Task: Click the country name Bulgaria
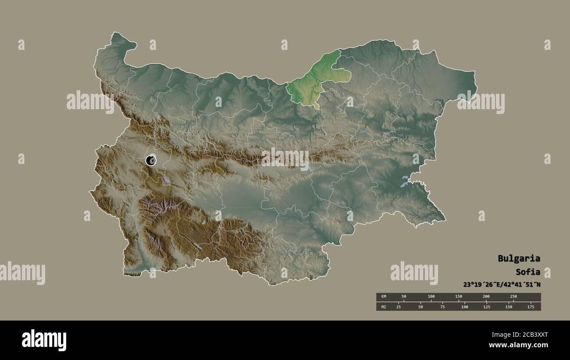(x=519, y=258)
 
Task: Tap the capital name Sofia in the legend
(x=527, y=271)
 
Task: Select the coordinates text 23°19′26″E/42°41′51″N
(x=502, y=284)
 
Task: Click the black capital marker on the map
(x=151, y=160)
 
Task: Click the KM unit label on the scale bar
(x=383, y=297)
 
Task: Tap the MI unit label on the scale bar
(x=383, y=307)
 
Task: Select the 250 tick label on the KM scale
(x=513, y=297)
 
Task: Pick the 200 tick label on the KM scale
(x=486, y=297)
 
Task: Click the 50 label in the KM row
(x=404, y=297)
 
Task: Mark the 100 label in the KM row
(x=431, y=297)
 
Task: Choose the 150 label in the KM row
(x=458, y=297)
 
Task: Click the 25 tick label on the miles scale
(x=399, y=307)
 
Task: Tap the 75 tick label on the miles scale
(x=442, y=307)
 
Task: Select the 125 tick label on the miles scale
(x=487, y=307)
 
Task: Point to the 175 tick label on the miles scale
(x=531, y=307)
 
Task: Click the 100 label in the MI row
(x=464, y=307)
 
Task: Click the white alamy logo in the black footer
(x=44, y=340)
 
